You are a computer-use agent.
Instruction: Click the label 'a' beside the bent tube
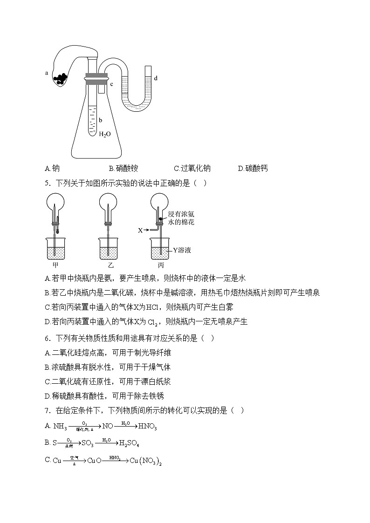pyautogui.click(x=47, y=73)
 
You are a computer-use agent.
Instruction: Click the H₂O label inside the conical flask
pyautogui.click(x=105, y=134)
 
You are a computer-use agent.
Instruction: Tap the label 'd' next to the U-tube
pyautogui.click(x=155, y=78)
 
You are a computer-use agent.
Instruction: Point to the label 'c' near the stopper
pyautogui.click(x=112, y=84)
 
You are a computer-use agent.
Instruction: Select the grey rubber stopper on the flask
pyautogui.click(x=96, y=76)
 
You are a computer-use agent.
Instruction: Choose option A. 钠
pyautogui.click(x=52, y=169)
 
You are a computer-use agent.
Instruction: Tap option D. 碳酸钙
pyautogui.click(x=253, y=169)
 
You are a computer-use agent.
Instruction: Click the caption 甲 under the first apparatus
pyautogui.click(x=55, y=265)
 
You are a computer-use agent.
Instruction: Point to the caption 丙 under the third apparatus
pyautogui.click(x=161, y=265)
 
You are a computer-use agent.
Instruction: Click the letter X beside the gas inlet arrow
pyautogui.click(x=140, y=230)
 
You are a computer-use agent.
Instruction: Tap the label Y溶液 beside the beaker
pyautogui.click(x=182, y=250)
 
